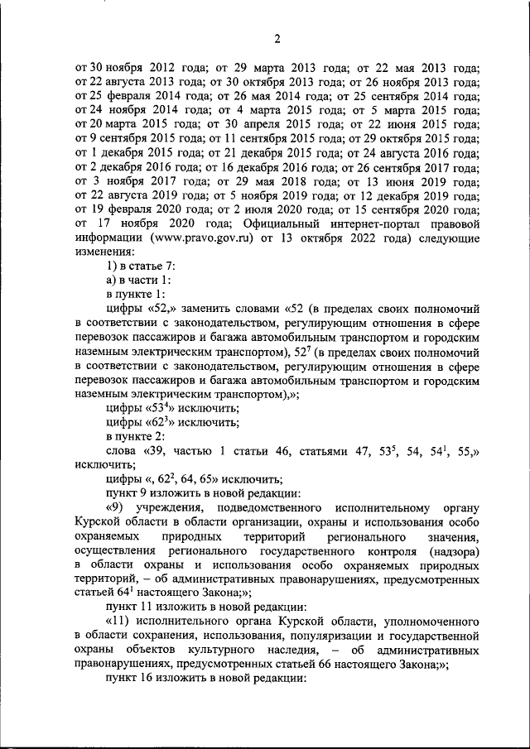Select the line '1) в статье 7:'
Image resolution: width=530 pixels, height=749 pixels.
(139, 266)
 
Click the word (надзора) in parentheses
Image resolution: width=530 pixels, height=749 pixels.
(451, 552)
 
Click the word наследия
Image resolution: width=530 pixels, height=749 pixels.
(287, 652)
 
